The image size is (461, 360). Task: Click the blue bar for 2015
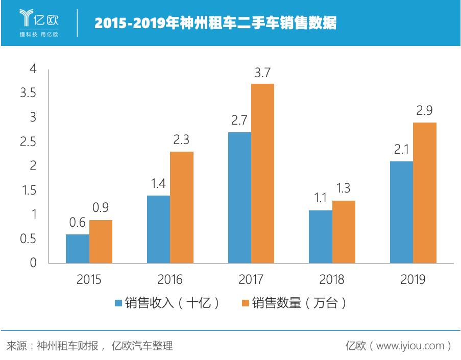[x=78, y=249]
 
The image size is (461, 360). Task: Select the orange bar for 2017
[x=262, y=174]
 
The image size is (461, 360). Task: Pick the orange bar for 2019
[x=425, y=193]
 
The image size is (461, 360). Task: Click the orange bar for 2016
[x=181, y=207]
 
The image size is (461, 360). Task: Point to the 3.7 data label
[x=262, y=73]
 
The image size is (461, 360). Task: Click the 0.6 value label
[x=78, y=223]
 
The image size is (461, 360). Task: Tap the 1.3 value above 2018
[x=344, y=189]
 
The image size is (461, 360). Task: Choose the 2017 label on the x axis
[x=251, y=280]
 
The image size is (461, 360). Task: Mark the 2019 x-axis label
[x=413, y=280]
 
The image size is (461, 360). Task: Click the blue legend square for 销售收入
[x=118, y=303]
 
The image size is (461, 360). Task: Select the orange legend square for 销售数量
[x=245, y=303]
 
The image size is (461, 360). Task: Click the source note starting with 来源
[x=90, y=346]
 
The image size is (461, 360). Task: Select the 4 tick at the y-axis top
[x=33, y=69]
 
